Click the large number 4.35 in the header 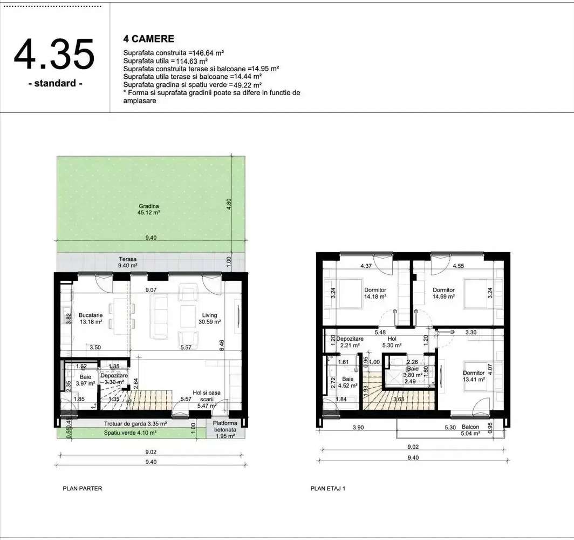[54, 54]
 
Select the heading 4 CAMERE [149, 39]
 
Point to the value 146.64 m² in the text [206, 53]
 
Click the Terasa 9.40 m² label [128, 262]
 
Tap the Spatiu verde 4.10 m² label [130, 433]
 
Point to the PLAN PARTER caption [83, 488]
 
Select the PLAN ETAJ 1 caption [327, 488]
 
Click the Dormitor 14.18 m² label [375, 293]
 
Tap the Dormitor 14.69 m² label [443, 293]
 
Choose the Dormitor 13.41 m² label [474, 376]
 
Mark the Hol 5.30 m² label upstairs [391, 342]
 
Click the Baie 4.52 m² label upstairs [348, 382]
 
